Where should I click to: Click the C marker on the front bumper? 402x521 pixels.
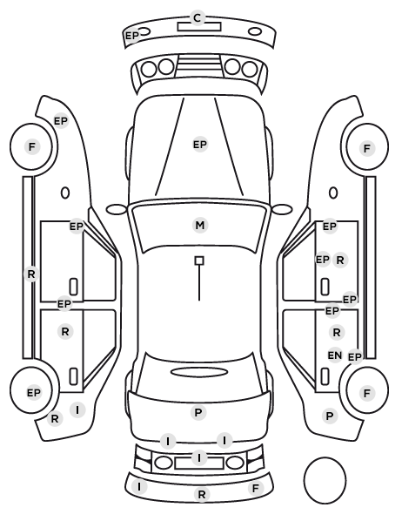198,17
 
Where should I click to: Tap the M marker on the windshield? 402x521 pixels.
200,226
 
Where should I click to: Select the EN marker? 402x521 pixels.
335,355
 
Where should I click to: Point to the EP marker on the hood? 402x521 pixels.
200,145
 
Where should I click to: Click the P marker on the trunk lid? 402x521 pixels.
198,413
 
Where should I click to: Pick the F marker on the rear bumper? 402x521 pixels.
255,489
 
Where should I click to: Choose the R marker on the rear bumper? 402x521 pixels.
202,494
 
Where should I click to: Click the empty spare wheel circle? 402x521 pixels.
325,480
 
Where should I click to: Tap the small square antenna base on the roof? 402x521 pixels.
199,260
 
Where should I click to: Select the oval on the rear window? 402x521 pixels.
199,372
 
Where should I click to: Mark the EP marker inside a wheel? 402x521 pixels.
34,393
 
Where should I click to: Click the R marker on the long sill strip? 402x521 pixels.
31,274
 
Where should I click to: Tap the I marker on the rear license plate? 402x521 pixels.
199,458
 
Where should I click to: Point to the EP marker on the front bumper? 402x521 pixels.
131,35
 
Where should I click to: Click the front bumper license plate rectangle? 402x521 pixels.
199,27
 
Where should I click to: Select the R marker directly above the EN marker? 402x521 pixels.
337,332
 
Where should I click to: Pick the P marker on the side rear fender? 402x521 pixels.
330,416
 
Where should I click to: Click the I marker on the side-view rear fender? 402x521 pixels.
77,410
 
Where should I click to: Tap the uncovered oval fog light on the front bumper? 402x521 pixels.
255,32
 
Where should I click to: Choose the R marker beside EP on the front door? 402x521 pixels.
340,260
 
